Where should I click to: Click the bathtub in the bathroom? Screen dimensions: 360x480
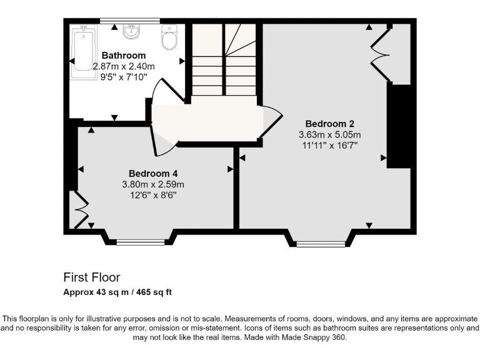81,52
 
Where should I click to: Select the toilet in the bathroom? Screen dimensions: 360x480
169,37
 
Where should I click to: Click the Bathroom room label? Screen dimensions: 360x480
124,56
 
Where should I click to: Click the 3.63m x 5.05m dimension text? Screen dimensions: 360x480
330,134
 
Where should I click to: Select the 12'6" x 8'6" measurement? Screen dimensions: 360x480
153,195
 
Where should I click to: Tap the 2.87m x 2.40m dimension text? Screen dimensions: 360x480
124,66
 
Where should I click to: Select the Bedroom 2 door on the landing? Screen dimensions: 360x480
270,122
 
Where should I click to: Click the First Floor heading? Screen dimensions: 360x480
92,277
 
